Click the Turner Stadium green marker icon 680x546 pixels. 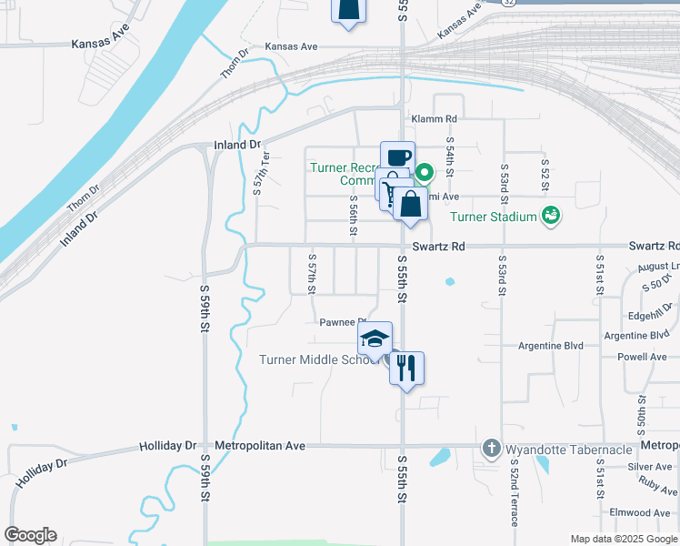tap(549, 217)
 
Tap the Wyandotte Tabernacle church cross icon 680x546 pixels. tap(492, 449)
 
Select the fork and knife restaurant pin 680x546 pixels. tap(406, 368)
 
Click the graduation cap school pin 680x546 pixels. tap(374, 339)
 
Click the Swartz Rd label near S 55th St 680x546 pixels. tap(438, 247)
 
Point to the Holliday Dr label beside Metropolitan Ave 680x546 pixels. tap(167, 446)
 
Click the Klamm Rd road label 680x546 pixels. tap(434, 119)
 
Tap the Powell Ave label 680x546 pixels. tap(642, 358)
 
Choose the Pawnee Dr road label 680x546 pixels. tap(342, 321)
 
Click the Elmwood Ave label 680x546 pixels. tap(640, 513)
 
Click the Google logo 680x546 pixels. tap(30, 535)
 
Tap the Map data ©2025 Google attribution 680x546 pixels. tap(623, 539)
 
